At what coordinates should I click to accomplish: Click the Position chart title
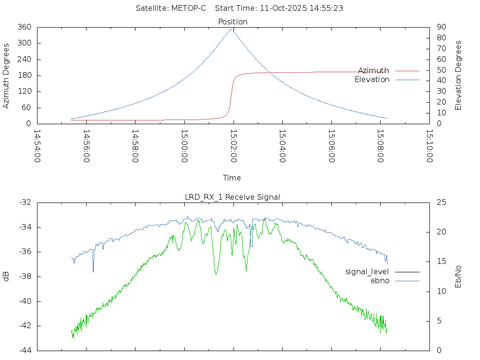(x=232, y=22)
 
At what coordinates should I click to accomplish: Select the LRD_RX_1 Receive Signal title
(x=232, y=197)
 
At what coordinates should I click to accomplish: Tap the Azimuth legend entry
(x=374, y=70)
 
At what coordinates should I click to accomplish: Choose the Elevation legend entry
(x=372, y=79)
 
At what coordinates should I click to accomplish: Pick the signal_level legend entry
(x=367, y=271)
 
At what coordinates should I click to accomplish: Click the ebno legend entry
(x=380, y=280)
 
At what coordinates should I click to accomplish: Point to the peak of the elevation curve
(x=231, y=30)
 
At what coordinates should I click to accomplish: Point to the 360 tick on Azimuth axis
(x=24, y=27)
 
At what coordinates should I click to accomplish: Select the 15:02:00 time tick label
(x=233, y=146)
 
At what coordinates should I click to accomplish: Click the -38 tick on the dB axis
(x=25, y=277)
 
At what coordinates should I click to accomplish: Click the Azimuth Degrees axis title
(x=7, y=75)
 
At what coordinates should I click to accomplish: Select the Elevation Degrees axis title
(x=458, y=75)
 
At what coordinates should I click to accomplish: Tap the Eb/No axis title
(x=458, y=277)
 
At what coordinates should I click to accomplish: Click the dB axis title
(x=7, y=277)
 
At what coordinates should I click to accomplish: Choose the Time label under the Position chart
(x=232, y=178)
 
